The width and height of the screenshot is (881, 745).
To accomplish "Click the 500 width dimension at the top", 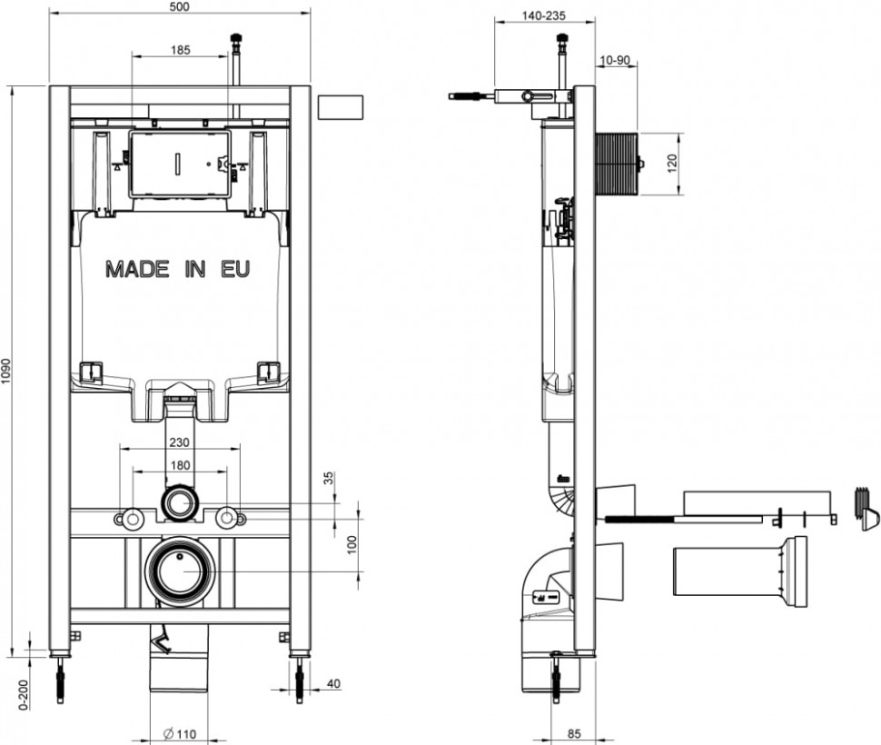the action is tap(179, 6).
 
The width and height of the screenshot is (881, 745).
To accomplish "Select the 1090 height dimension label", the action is tap(6, 372).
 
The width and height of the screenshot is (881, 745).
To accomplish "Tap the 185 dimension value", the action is tap(181, 50).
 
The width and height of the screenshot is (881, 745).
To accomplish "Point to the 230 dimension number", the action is tap(179, 442).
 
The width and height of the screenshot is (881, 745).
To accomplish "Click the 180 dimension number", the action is tap(179, 465).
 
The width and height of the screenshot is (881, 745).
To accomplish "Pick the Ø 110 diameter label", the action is tap(180, 734).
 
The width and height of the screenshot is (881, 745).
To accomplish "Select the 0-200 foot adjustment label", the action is tap(24, 695).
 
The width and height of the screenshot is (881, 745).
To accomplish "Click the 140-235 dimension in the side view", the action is tap(543, 15).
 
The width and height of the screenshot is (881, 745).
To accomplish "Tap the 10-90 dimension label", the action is tap(615, 60).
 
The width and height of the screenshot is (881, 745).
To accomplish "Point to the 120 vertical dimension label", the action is tap(672, 163).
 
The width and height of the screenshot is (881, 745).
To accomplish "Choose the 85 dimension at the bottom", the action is tap(574, 733).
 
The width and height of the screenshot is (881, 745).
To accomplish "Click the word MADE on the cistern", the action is tap(137, 269).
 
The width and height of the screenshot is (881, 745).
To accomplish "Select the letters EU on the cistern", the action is tap(235, 269).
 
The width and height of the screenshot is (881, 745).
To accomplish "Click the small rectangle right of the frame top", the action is tap(341, 106).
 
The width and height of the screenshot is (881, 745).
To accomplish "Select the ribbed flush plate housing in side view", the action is tap(617, 164).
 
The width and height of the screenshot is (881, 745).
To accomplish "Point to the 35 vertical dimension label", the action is tap(329, 478).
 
